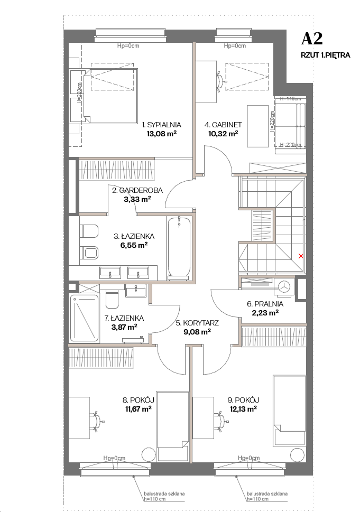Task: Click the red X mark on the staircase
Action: click(301, 256)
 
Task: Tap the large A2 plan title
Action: click(312, 39)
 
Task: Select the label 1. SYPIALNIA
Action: click(161, 125)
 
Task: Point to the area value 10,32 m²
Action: click(223, 133)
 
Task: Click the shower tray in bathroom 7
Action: click(84, 318)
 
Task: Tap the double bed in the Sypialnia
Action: click(110, 96)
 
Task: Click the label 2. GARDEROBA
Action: click(137, 190)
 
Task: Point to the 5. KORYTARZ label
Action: click(197, 323)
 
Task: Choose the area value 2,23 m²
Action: click(265, 313)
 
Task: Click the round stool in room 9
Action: click(297, 455)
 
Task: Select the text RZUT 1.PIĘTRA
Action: click(325, 55)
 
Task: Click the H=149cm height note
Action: click(290, 98)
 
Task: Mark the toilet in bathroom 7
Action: click(112, 299)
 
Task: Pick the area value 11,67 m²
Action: click(138, 408)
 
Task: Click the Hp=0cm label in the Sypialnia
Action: click(128, 46)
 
